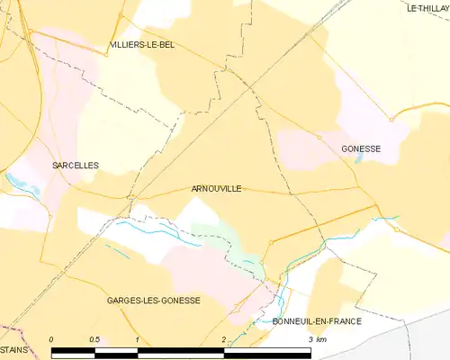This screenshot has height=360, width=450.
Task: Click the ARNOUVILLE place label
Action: (216, 189)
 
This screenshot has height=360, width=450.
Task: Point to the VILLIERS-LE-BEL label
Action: (141, 44)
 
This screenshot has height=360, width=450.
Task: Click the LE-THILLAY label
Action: (427, 8)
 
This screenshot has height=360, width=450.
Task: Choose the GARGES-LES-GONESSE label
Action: (153, 300)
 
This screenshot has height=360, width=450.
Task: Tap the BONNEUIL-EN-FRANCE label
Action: (316, 321)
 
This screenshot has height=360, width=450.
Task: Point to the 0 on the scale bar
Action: (51, 338)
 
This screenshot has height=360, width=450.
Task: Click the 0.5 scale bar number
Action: (94, 338)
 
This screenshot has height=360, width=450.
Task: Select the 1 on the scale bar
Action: (137, 338)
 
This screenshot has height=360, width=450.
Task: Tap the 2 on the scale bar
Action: (223, 338)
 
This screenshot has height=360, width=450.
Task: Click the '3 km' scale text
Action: (316, 338)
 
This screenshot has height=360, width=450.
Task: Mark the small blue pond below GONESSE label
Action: (360, 158)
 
